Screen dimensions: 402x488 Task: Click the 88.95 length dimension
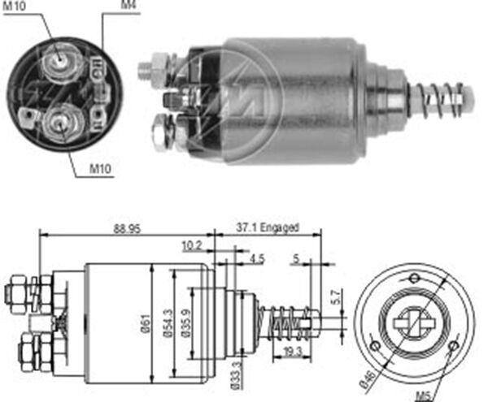(x=127, y=229)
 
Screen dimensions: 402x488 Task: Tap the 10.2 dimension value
(x=193, y=244)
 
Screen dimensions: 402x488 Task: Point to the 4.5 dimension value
(x=256, y=259)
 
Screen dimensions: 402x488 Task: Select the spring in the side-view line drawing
(x=283, y=318)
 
